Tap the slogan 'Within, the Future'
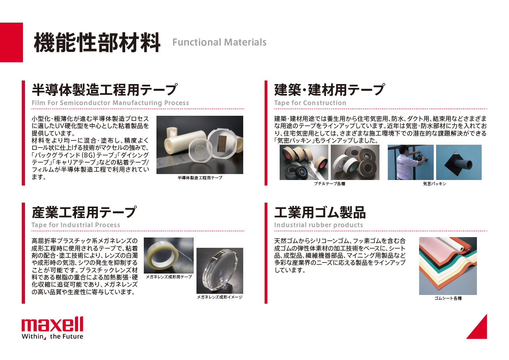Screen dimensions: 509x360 [x=52, y=336]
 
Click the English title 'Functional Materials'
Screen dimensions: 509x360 [x=219, y=42]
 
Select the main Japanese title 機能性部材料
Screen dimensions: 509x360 [x=97, y=42]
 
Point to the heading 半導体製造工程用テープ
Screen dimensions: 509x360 [x=105, y=90]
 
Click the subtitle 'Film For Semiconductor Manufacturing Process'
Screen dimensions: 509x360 [x=110, y=103]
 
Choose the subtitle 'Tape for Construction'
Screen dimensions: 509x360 [x=310, y=103]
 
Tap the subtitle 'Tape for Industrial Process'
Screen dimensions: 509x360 [x=76, y=225]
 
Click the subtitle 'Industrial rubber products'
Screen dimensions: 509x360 [x=318, y=225]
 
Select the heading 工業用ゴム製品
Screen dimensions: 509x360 [x=320, y=212]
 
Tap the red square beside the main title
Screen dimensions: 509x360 [x=11, y=42]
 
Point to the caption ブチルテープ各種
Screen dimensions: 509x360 [x=330, y=184]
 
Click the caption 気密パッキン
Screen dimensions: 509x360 [x=435, y=184]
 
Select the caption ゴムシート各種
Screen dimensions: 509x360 [x=448, y=299]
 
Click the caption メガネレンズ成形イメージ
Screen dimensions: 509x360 [x=220, y=297]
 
